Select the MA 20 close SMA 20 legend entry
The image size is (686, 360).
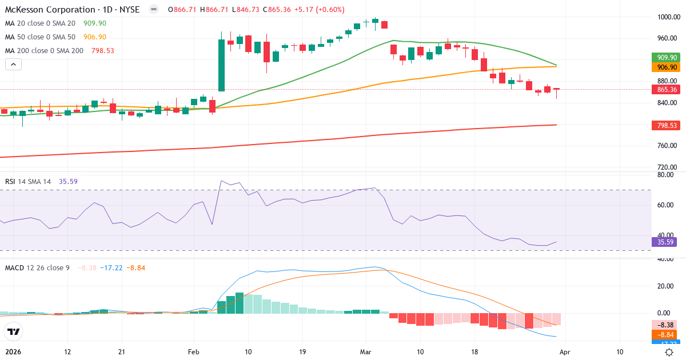41,23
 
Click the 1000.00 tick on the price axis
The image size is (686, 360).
667,17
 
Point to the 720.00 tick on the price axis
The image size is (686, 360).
667,167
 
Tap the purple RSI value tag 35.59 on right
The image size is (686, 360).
666,242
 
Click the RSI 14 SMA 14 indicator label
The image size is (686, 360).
28,181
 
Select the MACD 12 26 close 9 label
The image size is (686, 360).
37,267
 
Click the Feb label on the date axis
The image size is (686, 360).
193,352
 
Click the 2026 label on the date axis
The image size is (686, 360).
14,352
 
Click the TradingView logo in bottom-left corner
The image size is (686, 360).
13,331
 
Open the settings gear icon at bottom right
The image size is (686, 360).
669,352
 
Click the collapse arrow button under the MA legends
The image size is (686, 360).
13,65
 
